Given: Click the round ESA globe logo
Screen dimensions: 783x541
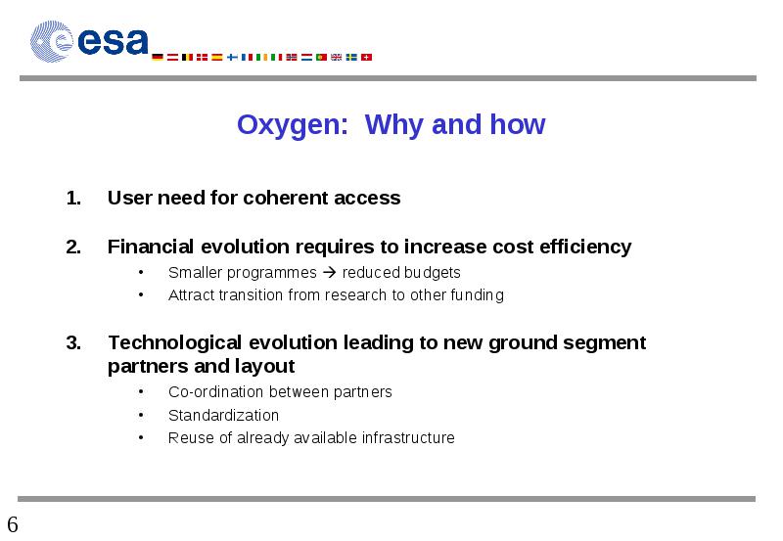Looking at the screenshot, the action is click(52, 41).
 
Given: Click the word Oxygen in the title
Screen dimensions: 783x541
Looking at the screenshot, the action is click(292, 125).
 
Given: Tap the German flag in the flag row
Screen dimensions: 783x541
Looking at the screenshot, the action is click(158, 57).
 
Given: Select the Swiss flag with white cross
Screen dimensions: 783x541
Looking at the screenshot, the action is click(366, 57).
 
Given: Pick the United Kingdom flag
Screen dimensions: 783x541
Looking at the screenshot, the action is click(337, 57).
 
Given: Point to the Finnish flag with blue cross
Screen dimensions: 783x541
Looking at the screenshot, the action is click(232, 57).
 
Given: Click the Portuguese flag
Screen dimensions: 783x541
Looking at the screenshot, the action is click(322, 57).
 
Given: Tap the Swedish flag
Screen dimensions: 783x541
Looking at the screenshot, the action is click(351, 57).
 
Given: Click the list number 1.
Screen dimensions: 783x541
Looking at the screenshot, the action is click(73, 199).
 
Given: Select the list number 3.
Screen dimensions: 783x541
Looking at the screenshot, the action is click(73, 342).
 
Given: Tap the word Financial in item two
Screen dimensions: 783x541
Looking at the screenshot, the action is click(151, 247).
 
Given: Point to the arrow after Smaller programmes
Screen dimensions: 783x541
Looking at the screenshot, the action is click(330, 273).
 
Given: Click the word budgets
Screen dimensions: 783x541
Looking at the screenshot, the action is click(433, 273).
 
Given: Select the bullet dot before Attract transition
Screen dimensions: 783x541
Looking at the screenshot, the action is click(141, 294).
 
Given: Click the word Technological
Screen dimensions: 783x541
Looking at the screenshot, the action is click(175, 342).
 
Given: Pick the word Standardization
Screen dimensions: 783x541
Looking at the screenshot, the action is click(224, 415).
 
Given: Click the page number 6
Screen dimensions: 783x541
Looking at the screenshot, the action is click(13, 524).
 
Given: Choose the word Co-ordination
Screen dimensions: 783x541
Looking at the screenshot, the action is click(215, 391).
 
